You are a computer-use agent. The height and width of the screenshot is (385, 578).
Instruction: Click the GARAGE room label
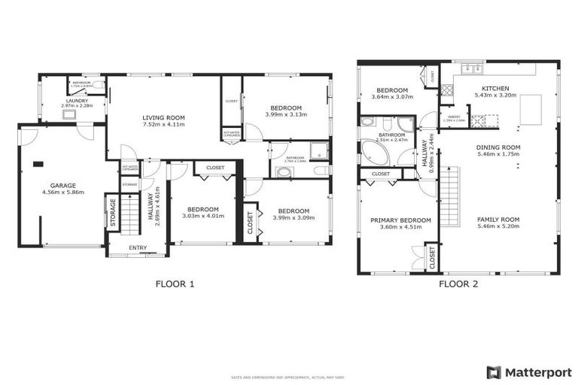(62, 184)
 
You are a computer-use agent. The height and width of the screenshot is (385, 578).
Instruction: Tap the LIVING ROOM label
(165, 117)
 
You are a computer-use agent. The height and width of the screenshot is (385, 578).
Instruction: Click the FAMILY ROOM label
(498, 220)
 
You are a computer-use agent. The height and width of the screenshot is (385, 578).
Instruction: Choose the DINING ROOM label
(498, 147)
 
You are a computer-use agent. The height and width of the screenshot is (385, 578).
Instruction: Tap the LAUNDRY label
(77, 101)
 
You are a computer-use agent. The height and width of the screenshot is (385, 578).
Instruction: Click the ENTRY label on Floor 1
(138, 247)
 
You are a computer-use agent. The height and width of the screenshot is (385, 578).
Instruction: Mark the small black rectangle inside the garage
(38, 163)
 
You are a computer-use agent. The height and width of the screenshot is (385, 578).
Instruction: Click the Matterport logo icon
(493, 371)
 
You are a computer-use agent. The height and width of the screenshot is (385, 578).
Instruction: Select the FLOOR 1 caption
(175, 284)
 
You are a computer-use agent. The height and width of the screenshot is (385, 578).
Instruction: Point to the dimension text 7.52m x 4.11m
(165, 125)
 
